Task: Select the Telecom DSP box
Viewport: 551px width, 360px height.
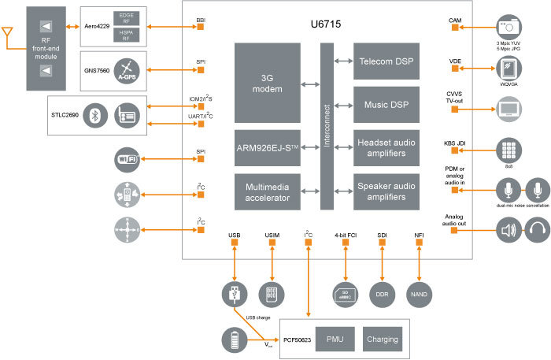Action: (386, 61)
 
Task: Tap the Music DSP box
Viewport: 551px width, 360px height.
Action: (386, 103)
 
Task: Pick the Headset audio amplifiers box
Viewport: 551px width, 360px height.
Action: (386, 147)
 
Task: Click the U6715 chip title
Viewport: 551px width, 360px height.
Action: (326, 25)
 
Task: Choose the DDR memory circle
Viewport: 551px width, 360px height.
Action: (382, 293)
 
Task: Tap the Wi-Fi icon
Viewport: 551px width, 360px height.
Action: (128, 159)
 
